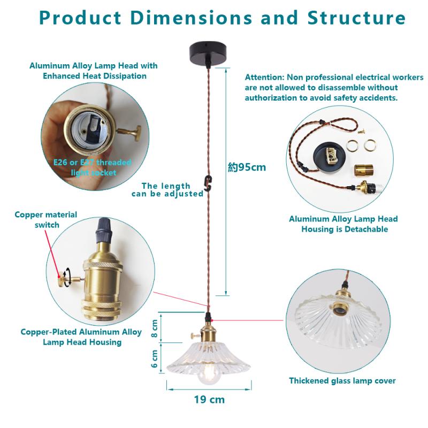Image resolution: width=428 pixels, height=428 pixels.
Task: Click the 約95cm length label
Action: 247,167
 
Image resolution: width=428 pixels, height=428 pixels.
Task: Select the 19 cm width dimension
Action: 209,399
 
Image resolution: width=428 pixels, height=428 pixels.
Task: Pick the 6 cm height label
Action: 155,358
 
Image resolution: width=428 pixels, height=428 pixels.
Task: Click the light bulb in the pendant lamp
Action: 206,374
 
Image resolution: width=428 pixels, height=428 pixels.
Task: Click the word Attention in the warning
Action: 264,77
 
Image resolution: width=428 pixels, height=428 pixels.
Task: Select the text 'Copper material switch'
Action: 46,219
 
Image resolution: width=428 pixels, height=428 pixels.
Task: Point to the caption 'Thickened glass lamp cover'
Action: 342,381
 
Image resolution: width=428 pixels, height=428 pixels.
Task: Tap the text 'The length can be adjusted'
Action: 167,189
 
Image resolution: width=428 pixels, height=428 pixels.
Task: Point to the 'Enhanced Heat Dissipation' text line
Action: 95,76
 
